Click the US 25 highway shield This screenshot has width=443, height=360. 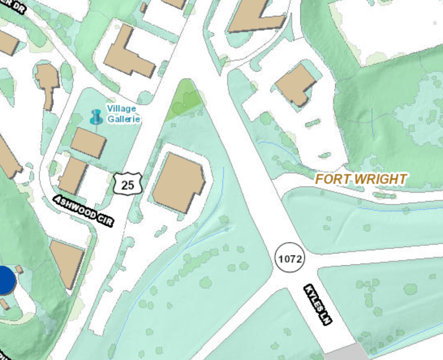127,185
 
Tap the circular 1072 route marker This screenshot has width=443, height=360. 290,258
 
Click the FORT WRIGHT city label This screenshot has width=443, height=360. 361,179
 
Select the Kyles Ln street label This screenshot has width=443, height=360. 318,304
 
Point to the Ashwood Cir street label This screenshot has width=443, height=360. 84,210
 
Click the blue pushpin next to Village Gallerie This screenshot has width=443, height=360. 96,117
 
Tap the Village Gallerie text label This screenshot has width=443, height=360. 123,114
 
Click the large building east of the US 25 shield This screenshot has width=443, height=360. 178,182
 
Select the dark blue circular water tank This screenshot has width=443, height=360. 5,280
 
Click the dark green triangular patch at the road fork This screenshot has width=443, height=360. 185,99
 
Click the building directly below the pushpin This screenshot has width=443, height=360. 88,143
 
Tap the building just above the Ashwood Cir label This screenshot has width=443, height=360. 72,176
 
